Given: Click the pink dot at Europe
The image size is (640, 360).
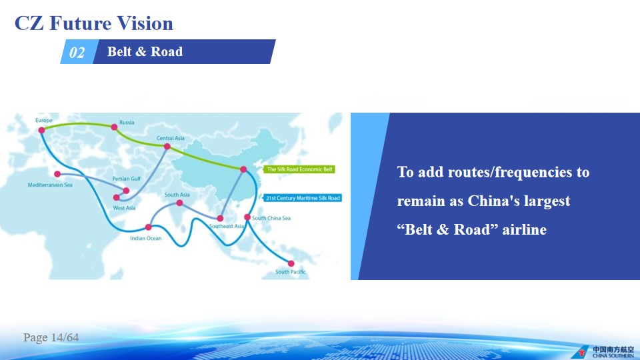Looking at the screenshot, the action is tap(41, 130).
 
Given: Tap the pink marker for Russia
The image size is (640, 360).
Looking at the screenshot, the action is tap(114, 127).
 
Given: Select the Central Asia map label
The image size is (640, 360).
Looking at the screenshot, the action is tap(170, 138).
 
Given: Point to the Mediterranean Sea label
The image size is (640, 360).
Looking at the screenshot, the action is tap(50, 185).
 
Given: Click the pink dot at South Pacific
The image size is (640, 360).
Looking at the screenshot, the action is tap(291, 263).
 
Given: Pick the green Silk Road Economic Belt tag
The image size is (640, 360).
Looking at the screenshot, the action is tap(299, 169).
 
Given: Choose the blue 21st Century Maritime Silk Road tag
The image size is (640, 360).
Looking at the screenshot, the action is tap(303, 198).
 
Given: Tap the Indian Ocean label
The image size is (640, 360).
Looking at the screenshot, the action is tap(146, 239).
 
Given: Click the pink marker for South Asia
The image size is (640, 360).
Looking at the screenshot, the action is tap(179, 203).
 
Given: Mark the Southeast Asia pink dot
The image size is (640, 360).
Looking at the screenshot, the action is tap(220, 219).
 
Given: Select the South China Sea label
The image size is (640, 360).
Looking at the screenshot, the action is tap(271, 218).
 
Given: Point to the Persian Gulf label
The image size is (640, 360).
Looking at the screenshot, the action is tap(127, 179).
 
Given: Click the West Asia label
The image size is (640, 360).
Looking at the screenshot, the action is tap(124, 208).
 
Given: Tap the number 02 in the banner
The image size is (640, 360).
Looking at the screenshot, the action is tap(77, 52).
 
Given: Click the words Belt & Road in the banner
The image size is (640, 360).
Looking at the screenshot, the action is tap(145, 51).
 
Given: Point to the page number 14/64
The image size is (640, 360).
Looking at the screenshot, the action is tap(65, 337).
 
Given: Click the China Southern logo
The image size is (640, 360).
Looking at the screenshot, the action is tap(603, 351).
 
